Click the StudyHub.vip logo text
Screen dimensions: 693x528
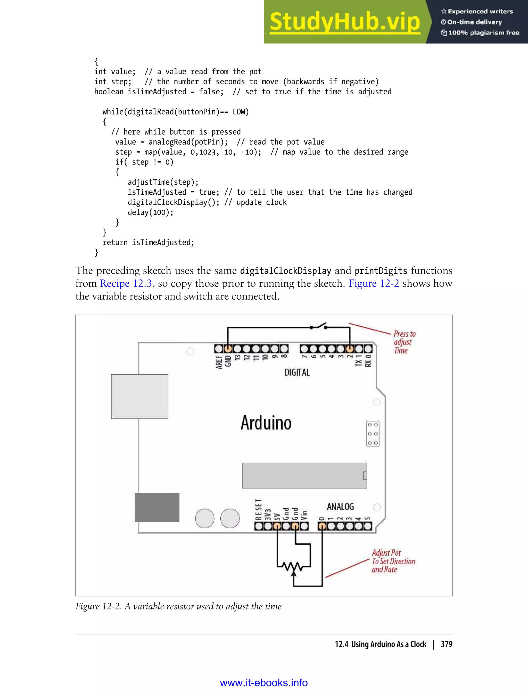tap(345, 22)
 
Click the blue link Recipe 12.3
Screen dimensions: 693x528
tap(126, 284)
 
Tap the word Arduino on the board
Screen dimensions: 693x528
tap(266, 423)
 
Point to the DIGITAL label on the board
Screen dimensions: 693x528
tap(297, 373)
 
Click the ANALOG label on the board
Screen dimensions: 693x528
tap(340, 507)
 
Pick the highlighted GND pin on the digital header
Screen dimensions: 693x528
tap(228, 349)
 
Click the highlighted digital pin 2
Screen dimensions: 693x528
tap(350, 349)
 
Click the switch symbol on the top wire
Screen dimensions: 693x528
tap(318, 327)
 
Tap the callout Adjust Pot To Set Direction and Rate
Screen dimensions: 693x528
tap(393, 561)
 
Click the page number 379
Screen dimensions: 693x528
tap(446, 644)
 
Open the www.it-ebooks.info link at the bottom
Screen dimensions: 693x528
tap(264, 683)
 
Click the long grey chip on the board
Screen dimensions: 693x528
tap(304, 475)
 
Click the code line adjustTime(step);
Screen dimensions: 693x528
tap(163, 182)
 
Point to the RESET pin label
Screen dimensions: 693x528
tap(258, 509)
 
